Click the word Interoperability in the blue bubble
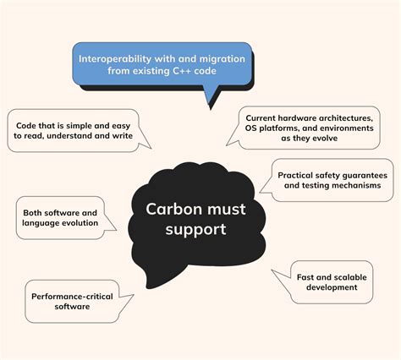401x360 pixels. [x=115, y=59]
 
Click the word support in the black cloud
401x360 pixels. [x=195, y=229]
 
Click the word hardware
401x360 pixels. [x=289, y=118]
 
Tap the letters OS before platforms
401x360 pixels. [x=250, y=128]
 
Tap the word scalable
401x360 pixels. [x=350, y=277]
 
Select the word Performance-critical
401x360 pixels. [x=72, y=297]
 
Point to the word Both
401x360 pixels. [x=32, y=213]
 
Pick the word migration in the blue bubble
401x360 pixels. [x=222, y=59]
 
